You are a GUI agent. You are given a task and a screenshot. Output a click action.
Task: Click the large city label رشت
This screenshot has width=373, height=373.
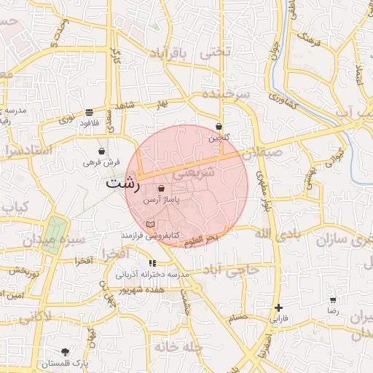click(122, 183)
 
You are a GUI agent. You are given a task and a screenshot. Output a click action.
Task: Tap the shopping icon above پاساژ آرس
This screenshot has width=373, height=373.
click(160, 189)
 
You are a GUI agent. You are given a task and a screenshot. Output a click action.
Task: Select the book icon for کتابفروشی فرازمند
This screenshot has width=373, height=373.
click(150, 224)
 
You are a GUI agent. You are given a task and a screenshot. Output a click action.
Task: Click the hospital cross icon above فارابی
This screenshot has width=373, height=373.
click(278, 308)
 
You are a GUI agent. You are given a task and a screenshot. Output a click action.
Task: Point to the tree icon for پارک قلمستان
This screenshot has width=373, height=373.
click(66, 352)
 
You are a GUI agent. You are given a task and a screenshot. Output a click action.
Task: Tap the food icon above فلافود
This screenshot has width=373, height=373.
click(89, 112)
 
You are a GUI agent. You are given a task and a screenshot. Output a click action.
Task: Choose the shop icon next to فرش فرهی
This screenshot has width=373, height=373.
click(111, 152)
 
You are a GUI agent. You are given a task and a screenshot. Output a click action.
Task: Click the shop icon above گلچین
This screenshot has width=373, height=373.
click(219, 127)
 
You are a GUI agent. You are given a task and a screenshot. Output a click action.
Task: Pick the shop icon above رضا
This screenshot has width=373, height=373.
click(334, 299)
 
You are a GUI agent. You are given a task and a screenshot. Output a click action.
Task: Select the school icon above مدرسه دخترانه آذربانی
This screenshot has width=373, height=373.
click(152, 263)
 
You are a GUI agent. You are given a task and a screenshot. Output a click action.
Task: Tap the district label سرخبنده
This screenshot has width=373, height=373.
click(225, 95)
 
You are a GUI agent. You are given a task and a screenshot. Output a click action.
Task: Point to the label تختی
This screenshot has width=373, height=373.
click(216, 51)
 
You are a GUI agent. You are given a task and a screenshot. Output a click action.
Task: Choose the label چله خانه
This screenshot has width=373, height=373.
click(173, 348)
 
